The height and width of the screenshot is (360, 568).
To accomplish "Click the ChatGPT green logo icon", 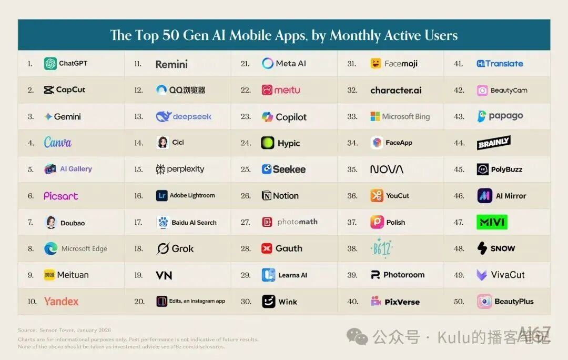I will pyautogui.click(x=50, y=64).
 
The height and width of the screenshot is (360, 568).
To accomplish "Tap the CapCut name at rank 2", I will pyautogui.click(x=70, y=90).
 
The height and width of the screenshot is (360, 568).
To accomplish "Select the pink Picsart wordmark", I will pyautogui.click(x=60, y=196).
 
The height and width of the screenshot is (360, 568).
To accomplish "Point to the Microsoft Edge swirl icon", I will pyautogui.click(x=50, y=248).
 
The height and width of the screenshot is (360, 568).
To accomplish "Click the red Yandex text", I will pyautogui.click(x=61, y=302).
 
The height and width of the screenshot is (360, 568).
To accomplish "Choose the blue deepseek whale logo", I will pyautogui.click(x=164, y=117).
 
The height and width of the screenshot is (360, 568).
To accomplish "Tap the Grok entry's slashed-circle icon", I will pyautogui.click(x=163, y=248).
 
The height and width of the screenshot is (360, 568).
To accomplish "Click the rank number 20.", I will pyautogui.click(x=139, y=302).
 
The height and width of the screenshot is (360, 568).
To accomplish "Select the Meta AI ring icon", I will pyautogui.click(x=268, y=64).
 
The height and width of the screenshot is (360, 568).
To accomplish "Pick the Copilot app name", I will pyautogui.click(x=291, y=117).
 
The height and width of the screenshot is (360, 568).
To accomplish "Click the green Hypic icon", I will pyautogui.click(x=268, y=143).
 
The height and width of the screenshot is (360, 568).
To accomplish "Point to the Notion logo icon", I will pyautogui.click(x=267, y=196).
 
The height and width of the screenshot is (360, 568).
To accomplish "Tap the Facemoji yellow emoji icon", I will pyautogui.click(x=376, y=64).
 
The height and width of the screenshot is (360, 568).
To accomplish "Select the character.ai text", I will pyautogui.click(x=396, y=90).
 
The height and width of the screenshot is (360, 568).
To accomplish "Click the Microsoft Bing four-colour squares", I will pyautogui.click(x=375, y=117).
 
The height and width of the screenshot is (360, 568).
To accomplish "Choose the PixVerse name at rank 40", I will pyautogui.click(x=402, y=302).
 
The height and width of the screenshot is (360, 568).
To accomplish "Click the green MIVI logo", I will pyautogui.click(x=491, y=222).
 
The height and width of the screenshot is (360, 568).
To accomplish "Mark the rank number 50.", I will pyautogui.click(x=459, y=302).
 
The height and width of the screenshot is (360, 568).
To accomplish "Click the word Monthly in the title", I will pyautogui.click(x=356, y=35).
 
